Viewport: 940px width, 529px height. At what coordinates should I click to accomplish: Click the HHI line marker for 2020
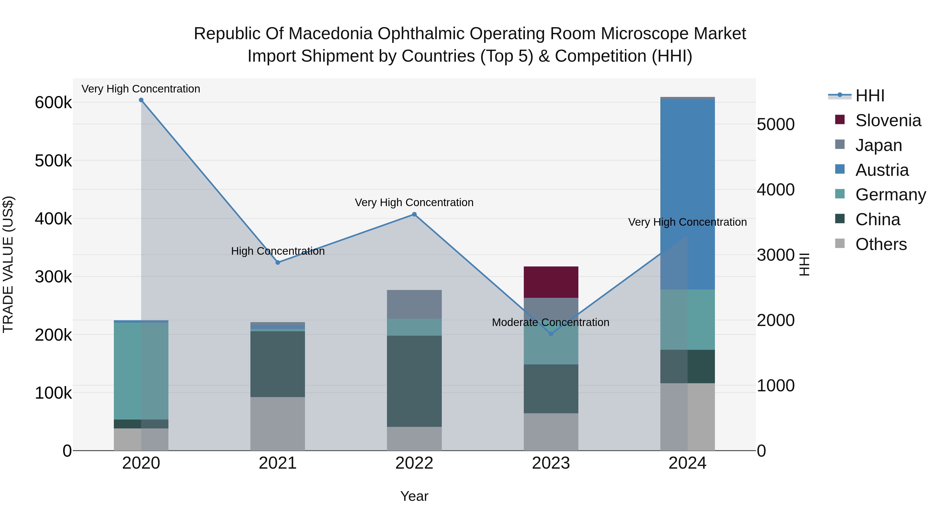coord(141,100)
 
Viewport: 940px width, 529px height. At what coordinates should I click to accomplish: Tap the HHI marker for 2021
coord(278,263)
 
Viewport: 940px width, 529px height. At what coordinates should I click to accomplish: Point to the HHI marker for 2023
coord(551,334)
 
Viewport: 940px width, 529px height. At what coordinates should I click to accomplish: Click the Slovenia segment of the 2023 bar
coord(551,282)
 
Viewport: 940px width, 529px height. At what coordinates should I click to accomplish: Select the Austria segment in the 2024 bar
coord(688,194)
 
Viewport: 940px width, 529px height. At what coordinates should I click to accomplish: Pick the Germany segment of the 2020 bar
coord(141,370)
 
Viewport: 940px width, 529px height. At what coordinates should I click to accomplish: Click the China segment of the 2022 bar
coord(414,381)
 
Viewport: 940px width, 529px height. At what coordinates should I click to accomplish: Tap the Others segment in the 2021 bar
coord(278,423)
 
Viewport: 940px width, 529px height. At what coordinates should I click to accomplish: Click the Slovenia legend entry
coord(888,120)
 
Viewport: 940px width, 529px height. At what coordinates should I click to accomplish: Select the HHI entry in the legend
coord(869,96)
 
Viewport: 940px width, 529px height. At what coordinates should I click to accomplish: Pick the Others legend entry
coord(880,244)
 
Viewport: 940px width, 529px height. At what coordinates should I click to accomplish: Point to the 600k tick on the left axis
coord(53,103)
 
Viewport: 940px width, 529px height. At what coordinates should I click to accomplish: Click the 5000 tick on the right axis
coord(775,125)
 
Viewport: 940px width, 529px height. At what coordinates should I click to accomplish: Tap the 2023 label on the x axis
coord(551,463)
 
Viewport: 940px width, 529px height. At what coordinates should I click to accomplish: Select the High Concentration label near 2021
coord(278,251)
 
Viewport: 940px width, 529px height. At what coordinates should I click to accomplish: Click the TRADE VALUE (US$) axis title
coord(8,264)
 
